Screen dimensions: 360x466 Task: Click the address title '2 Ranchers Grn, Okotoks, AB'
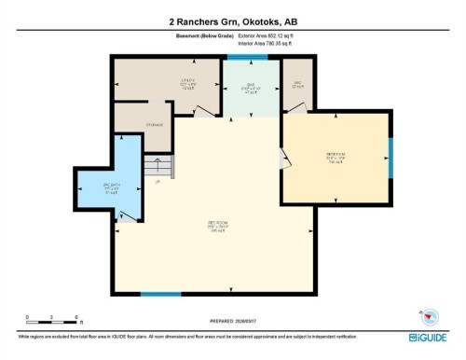pos(233,20)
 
